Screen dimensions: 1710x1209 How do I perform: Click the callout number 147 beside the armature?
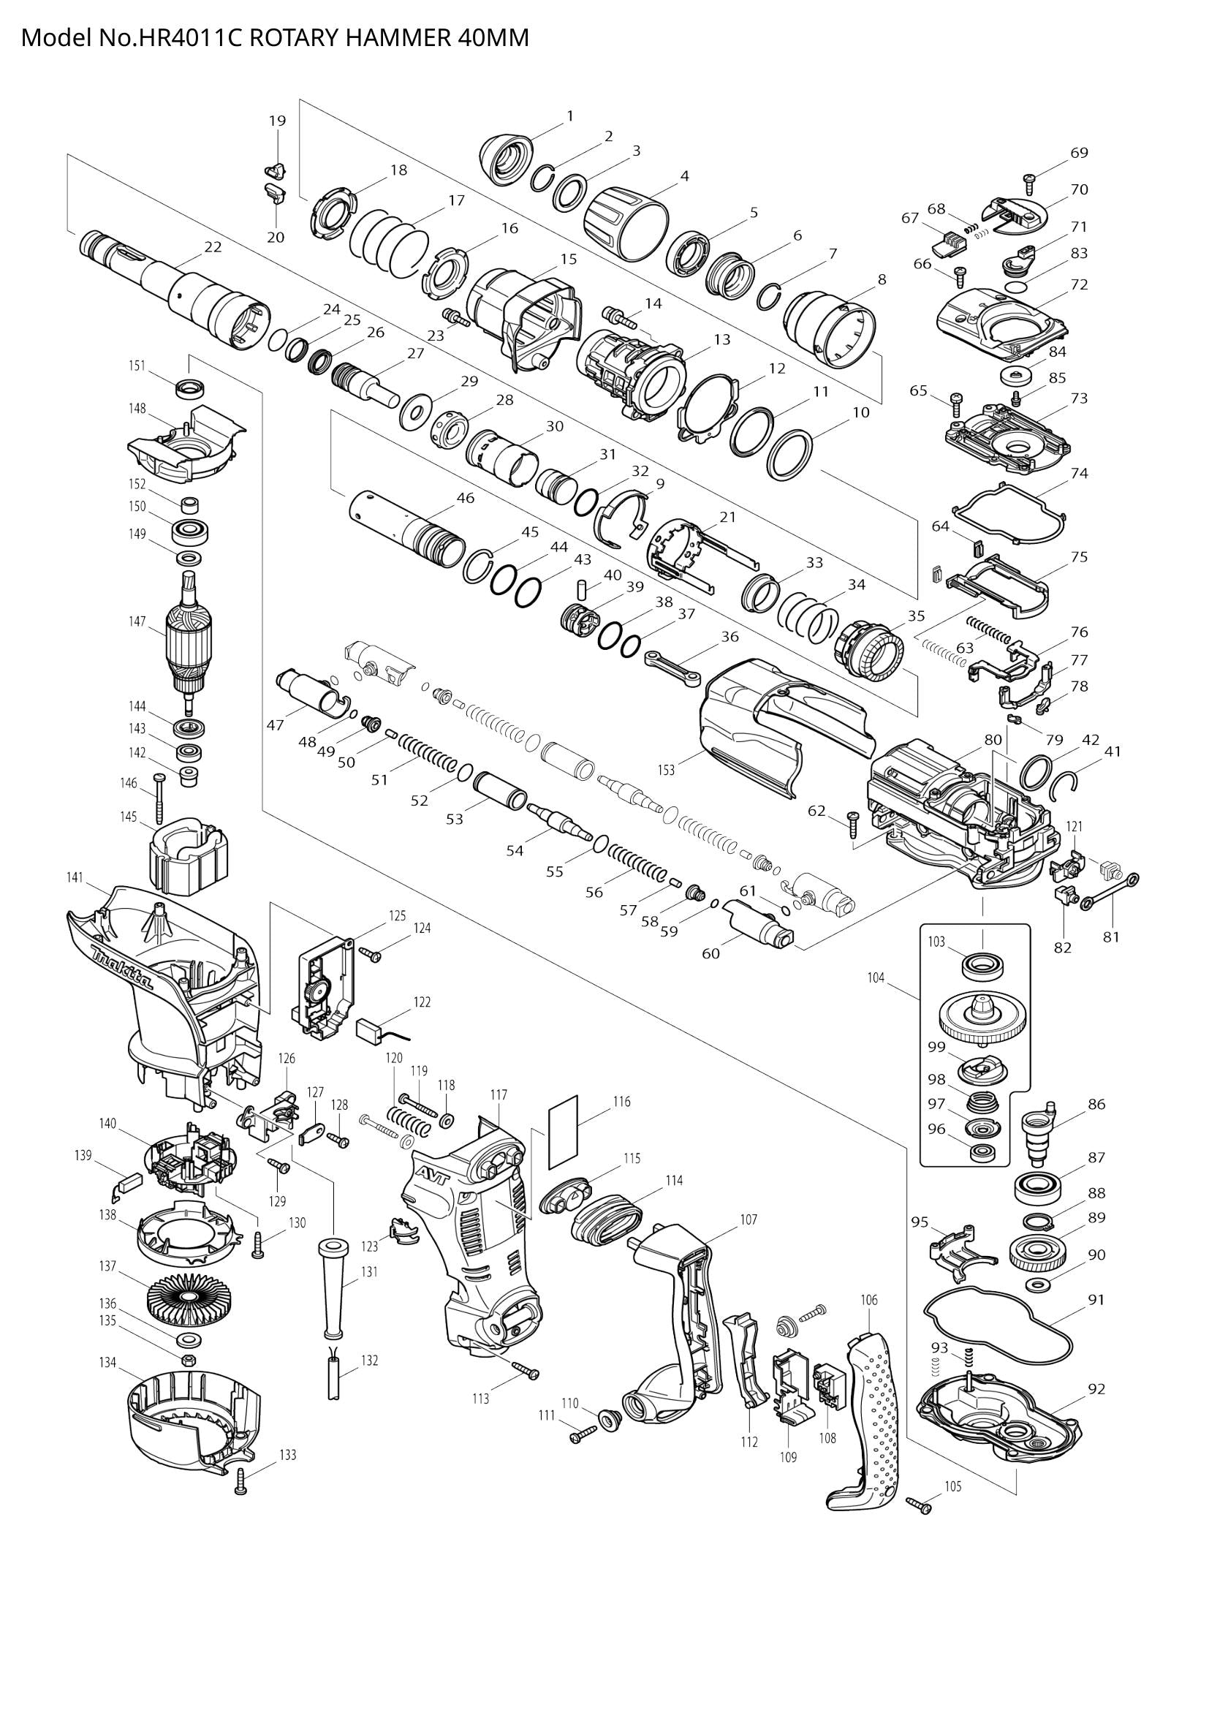pos(136,621)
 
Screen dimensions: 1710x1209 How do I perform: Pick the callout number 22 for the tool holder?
pos(213,246)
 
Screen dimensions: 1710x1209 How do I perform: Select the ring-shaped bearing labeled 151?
pos(189,388)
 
